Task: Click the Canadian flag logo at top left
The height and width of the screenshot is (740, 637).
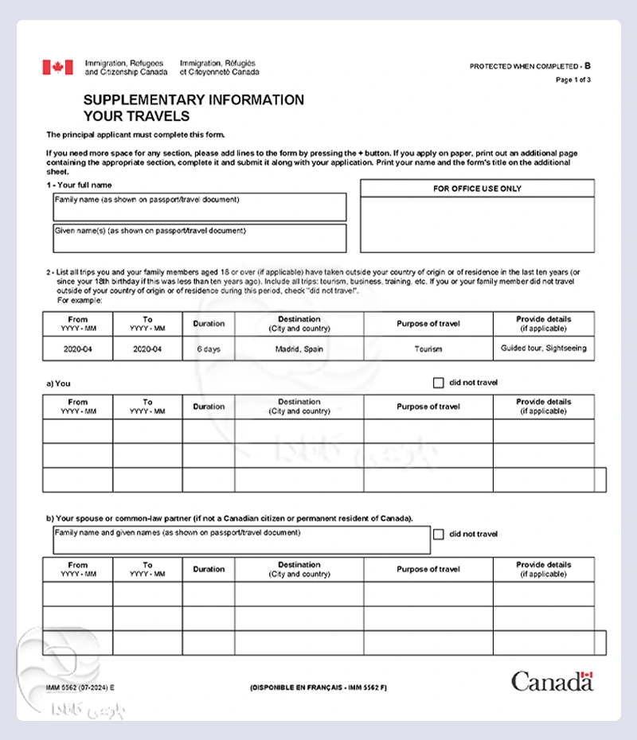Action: pyautogui.click(x=57, y=68)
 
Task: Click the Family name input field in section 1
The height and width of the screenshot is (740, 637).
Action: pyautogui.click(x=200, y=208)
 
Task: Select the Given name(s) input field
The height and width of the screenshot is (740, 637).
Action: pyautogui.click(x=200, y=239)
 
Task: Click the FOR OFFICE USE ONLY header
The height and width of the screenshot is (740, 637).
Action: pyautogui.click(x=477, y=189)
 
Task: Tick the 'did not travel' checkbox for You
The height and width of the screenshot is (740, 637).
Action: pyautogui.click(x=438, y=383)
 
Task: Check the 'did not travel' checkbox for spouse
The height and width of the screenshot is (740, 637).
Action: pyautogui.click(x=438, y=535)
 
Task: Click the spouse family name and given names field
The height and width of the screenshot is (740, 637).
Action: pyautogui.click(x=242, y=540)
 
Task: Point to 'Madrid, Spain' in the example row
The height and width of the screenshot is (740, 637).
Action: pyautogui.click(x=299, y=349)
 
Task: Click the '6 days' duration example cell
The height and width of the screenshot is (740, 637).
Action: pyautogui.click(x=209, y=349)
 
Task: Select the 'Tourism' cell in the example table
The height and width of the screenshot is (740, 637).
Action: pyautogui.click(x=428, y=349)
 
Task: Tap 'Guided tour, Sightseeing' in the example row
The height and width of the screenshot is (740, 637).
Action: pyautogui.click(x=544, y=349)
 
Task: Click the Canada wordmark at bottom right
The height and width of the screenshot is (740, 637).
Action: pyautogui.click(x=552, y=681)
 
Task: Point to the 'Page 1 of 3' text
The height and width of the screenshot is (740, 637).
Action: pyautogui.click(x=573, y=80)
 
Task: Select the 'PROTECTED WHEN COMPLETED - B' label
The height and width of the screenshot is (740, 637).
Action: pyautogui.click(x=530, y=65)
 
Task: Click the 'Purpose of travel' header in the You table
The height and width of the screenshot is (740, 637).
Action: pyautogui.click(x=428, y=407)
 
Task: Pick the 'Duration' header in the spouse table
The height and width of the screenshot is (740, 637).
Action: pyautogui.click(x=209, y=569)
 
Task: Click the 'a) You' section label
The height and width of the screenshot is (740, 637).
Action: pyautogui.click(x=58, y=384)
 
